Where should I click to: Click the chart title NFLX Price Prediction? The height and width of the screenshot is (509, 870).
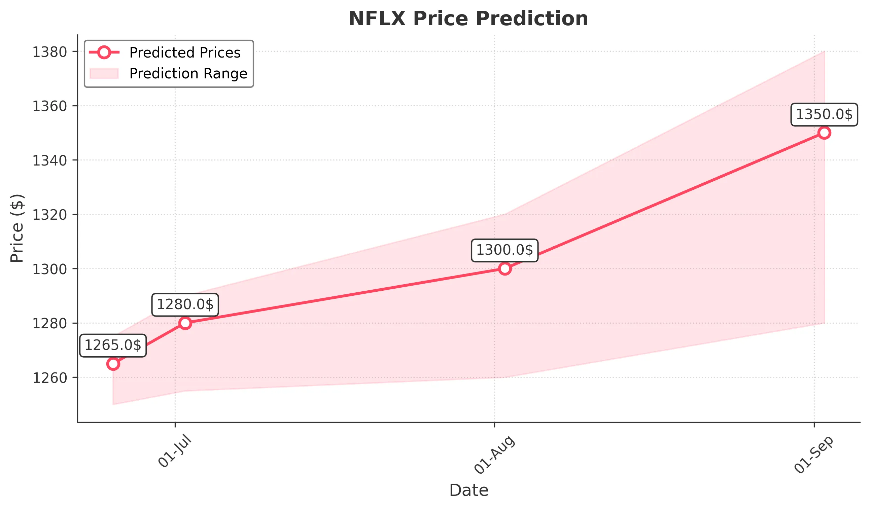pyautogui.click(x=468, y=19)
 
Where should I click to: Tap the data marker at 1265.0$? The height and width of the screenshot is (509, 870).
pyautogui.click(x=113, y=364)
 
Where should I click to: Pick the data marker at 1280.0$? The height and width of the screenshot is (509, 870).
pyautogui.click(x=185, y=323)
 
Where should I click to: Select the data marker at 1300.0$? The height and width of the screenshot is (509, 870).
pyautogui.click(x=505, y=268)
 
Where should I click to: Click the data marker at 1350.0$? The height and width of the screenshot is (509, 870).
pyautogui.click(x=824, y=133)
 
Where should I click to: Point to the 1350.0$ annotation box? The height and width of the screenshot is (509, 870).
pyautogui.click(x=824, y=115)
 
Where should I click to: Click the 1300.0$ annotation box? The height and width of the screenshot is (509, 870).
pyautogui.click(x=504, y=250)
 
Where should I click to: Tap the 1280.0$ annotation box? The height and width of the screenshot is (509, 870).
pyautogui.click(x=185, y=305)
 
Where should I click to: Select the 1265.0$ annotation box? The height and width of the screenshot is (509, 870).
pyautogui.click(x=113, y=346)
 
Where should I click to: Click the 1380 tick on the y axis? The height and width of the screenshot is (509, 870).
pyautogui.click(x=49, y=52)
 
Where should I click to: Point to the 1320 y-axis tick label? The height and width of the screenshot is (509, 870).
pyautogui.click(x=49, y=215)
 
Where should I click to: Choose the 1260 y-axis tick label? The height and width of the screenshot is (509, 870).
pyautogui.click(x=49, y=378)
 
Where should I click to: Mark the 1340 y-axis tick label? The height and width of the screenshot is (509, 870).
pyautogui.click(x=49, y=161)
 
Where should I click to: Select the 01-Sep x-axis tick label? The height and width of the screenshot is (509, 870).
pyautogui.click(x=814, y=455)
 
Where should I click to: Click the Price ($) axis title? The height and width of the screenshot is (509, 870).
pyautogui.click(x=16, y=228)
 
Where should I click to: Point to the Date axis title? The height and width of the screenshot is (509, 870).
pyautogui.click(x=468, y=490)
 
